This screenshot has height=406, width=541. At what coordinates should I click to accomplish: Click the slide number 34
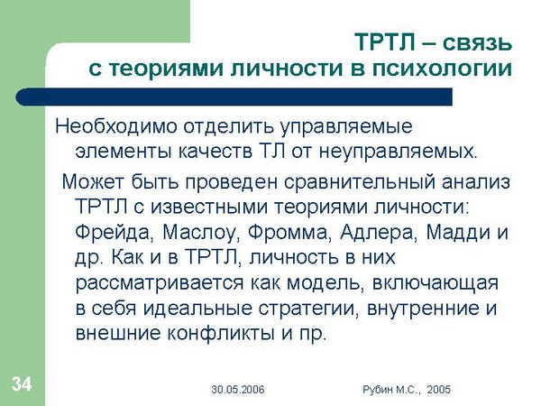coord(22,384)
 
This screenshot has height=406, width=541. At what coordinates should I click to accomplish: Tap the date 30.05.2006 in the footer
coord(238,390)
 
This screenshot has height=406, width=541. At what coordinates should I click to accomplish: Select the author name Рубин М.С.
coord(391,390)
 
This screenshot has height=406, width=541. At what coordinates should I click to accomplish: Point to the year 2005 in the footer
coord(438,390)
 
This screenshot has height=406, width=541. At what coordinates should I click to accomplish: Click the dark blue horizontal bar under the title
coord(234,97)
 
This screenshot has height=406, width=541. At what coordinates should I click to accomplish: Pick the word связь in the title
coord(477,42)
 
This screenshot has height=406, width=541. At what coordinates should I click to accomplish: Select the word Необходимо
coord(116,126)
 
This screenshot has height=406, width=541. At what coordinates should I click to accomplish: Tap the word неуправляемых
coord(398,152)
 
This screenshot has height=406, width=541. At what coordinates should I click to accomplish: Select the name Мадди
coord(458,233)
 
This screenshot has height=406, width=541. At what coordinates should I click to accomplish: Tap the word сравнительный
coord(360,182)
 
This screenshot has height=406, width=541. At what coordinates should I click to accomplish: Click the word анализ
coord(476,182)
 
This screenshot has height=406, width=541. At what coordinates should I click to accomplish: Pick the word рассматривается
coord(160,284)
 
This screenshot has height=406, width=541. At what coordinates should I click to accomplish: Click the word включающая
coord(436,283)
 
